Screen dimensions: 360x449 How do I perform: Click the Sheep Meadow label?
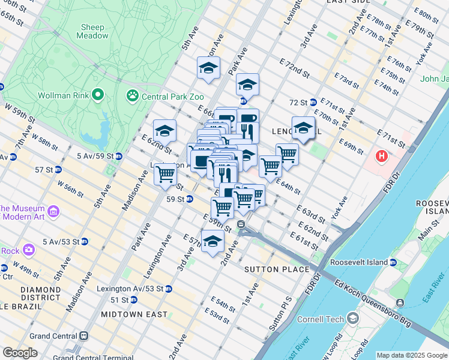[92, 31]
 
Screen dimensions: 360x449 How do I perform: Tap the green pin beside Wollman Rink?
[97, 95]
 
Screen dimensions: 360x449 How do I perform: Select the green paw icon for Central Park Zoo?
[131, 95]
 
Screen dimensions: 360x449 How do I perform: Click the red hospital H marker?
[381, 157]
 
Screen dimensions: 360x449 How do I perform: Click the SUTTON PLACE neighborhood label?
[277, 270]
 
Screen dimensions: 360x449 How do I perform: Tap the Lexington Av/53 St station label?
[131, 289]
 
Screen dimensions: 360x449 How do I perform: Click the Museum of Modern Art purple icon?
[53, 211]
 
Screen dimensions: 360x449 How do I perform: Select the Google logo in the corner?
[19, 353]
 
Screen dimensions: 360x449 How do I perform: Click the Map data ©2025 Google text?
[412, 355]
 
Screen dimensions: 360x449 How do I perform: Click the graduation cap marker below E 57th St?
[212, 241]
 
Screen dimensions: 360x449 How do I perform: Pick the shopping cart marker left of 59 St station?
[165, 174]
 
